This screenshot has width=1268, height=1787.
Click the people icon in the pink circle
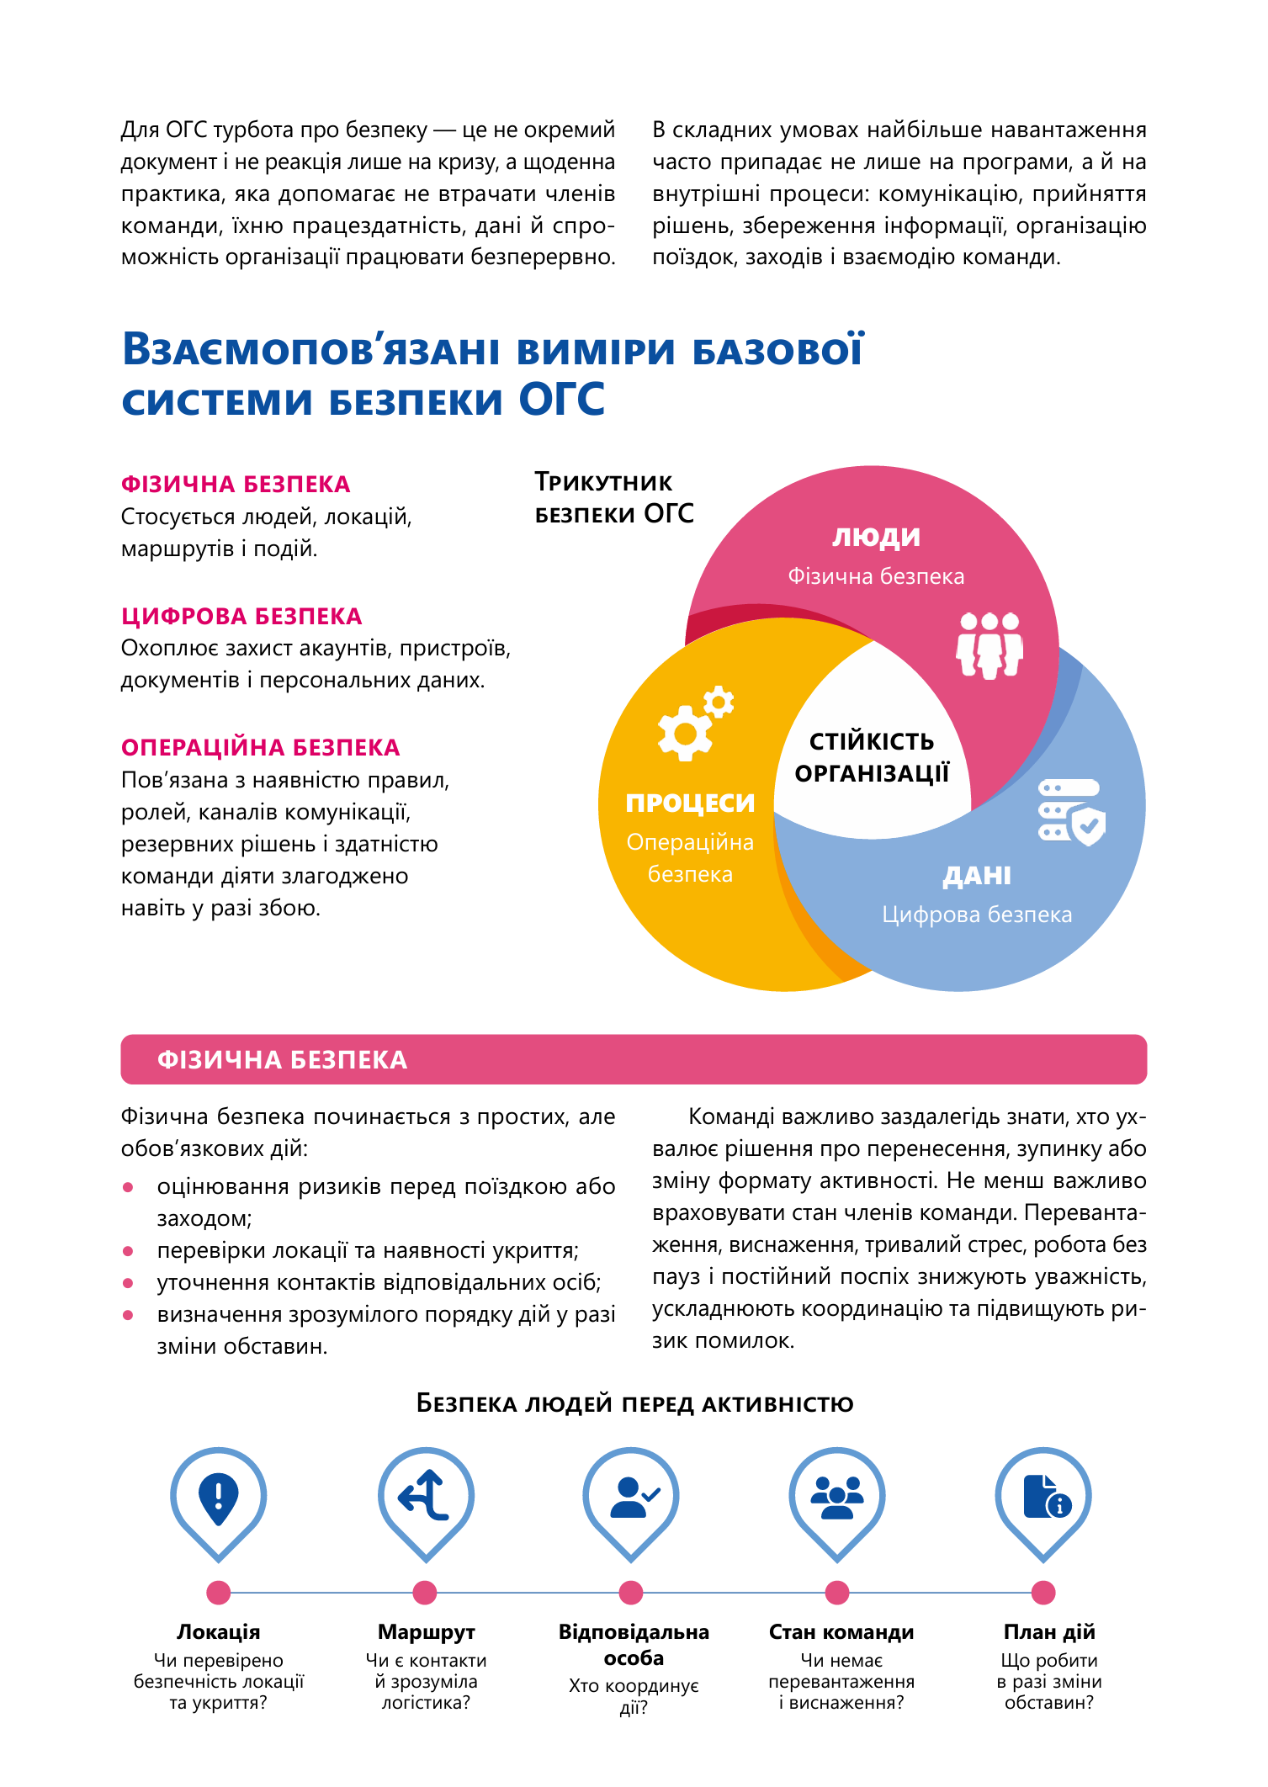click(x=989, y=645)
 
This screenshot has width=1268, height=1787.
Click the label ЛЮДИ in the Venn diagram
click(x=876, y=537)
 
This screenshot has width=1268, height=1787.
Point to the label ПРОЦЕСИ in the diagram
click(x=690, y=803)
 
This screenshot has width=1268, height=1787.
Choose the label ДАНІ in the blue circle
click(x=976, y=876)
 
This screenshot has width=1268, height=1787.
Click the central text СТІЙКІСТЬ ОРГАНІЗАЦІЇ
click(x=872, y=757)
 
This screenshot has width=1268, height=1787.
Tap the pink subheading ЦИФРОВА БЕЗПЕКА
click(x=241, y=617)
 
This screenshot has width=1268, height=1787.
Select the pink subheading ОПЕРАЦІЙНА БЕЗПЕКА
click(x=260, y=748)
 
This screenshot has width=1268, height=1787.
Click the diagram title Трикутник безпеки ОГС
click(x=613, y=498)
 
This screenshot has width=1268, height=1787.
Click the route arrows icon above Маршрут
click(x=425, y=1496)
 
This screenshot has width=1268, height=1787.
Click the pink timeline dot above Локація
click(x=219, y=1593)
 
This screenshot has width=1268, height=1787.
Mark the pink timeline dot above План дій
click(x=1043, y=1593)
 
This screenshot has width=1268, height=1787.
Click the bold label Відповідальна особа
click(x=634, y=1645)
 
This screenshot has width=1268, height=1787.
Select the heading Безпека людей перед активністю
click(x=634, y=1404)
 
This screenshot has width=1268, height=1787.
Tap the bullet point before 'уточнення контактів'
click(x=128, y=1284)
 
